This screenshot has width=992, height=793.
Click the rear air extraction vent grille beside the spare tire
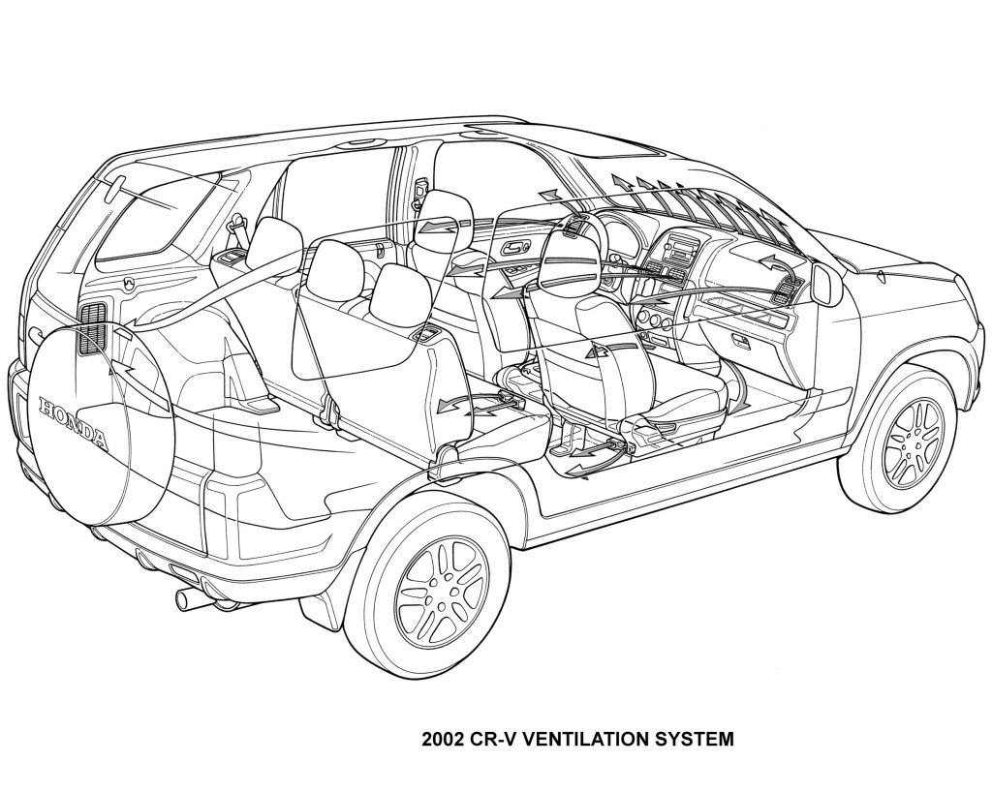(93, 326)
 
